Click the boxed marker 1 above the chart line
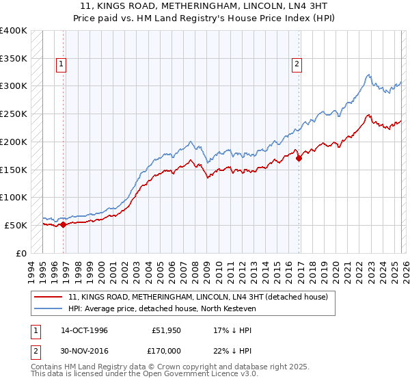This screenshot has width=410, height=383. coord(61,65)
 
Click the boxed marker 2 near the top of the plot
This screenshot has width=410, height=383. coord(297,65)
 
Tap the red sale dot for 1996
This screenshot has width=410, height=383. coord(64,224)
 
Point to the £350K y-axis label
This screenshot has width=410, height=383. coord(14,59)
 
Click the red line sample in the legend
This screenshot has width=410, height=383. coord(49,297)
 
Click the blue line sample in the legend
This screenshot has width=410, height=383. coord(49,309)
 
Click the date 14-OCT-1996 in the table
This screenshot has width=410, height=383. coord(84,330)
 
